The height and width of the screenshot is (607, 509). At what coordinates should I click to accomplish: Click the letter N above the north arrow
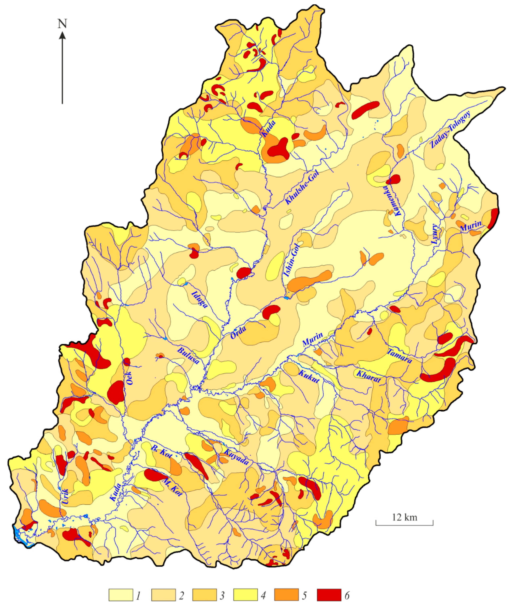click(x=62, y=24)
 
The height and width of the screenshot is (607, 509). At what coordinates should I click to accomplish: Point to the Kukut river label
click(x=309, y=376)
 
